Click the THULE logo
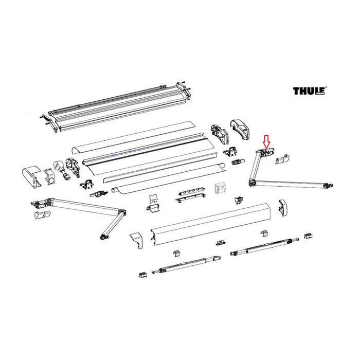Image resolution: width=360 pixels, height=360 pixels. click(x=309, y=91)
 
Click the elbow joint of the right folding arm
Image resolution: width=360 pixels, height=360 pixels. click(x=252, y=182)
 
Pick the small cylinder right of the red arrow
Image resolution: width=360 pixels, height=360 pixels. click(x=284, y=159)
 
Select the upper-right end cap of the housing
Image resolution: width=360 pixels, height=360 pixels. click(x=241, y=128)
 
